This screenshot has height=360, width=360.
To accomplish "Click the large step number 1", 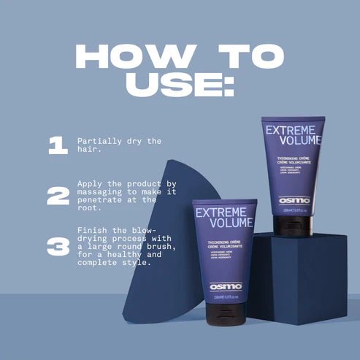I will point(57,145).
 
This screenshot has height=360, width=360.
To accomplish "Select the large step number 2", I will point(57,196).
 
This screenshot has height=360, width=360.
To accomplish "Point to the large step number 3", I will point(57,247).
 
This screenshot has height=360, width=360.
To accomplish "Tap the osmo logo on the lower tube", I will point(224,287).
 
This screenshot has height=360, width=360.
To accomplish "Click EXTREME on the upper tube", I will point(294,131).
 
